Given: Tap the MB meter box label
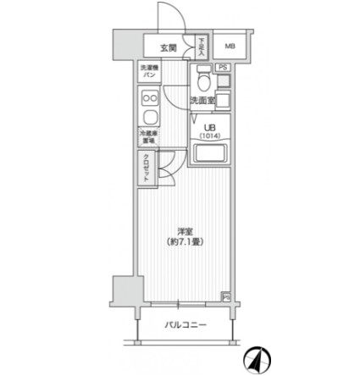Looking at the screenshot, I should [229, 47].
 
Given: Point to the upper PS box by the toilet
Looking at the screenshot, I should [224, 66].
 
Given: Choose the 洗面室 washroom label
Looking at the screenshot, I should [203, 101].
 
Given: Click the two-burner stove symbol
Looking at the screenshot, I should [149, 119].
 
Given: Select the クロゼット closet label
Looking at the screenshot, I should [147, 168].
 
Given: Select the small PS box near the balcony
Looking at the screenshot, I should [226, 296].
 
